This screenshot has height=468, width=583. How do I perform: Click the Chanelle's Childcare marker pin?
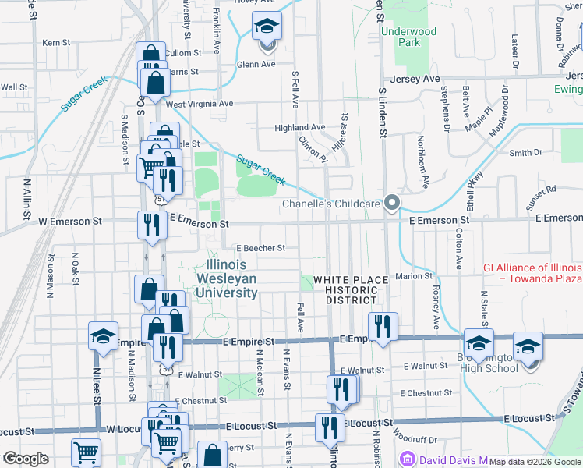392,203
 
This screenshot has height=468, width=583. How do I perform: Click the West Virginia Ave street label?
200,103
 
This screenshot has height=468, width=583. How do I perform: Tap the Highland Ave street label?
299,127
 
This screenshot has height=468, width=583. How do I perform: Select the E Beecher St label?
261,248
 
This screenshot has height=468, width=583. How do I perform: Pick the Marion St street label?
413,275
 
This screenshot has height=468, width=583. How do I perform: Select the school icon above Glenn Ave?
267,29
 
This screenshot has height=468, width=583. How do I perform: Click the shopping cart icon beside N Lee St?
86,452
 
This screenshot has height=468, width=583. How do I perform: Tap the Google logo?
26,459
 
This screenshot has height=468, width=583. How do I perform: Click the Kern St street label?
56,42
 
